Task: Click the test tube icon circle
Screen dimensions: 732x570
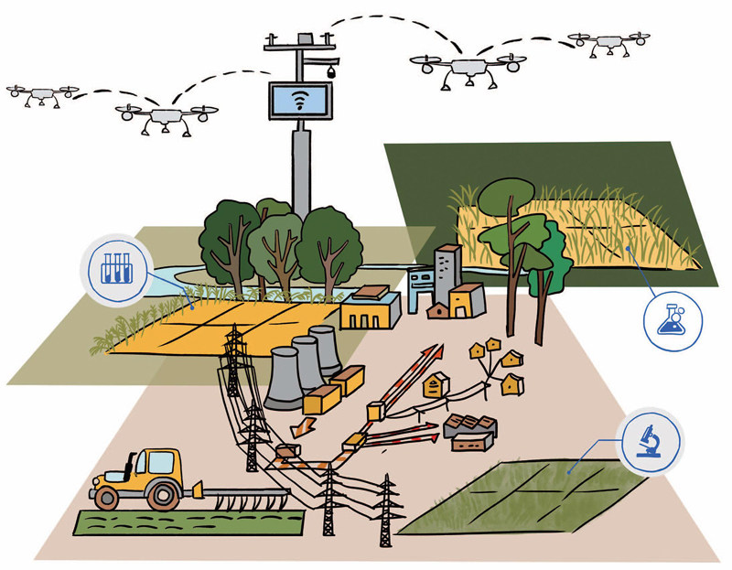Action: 116,266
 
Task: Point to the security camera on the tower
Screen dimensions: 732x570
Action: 330,70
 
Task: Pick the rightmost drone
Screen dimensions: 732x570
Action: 608,41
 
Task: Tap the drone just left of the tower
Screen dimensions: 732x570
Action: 166,116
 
